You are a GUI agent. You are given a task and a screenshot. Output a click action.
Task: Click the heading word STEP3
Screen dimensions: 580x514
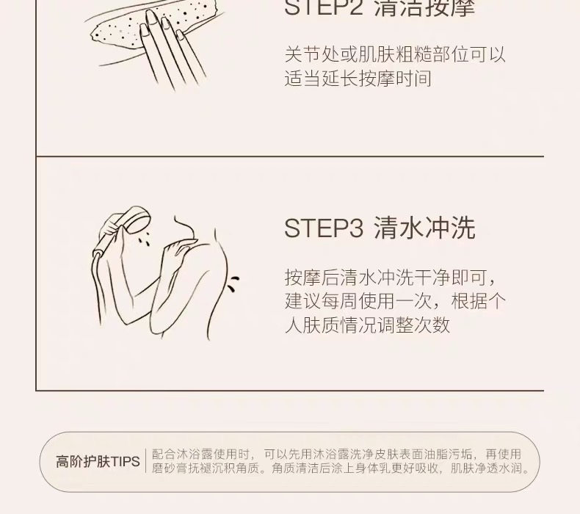(x=324, y=228)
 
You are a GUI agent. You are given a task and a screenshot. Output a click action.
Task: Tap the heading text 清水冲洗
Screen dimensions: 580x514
(x=424, y=228)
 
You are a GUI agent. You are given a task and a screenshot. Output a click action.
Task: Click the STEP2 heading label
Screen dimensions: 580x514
(x=324, y=7)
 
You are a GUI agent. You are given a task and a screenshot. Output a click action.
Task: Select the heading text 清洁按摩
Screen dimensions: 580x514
(x=424, y=7)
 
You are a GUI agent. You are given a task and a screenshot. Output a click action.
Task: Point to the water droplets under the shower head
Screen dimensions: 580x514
(x=145, y=239)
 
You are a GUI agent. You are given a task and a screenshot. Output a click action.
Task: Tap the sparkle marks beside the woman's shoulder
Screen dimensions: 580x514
(x=233, y=283)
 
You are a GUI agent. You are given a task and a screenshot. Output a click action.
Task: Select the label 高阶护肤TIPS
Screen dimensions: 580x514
(x=98, y=461)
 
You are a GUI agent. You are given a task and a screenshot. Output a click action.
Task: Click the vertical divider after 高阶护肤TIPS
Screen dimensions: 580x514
(x=146, y=461)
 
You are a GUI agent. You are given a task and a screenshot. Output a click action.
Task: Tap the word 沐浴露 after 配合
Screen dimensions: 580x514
(x=195, y=454)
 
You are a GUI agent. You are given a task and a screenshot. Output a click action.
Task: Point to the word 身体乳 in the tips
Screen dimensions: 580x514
(x=374, y=468)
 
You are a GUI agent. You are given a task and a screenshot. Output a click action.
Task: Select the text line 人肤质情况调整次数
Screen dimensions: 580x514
(x=367, y=325)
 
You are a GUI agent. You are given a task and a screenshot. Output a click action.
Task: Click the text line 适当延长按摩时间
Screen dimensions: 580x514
(x=358, y=79)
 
